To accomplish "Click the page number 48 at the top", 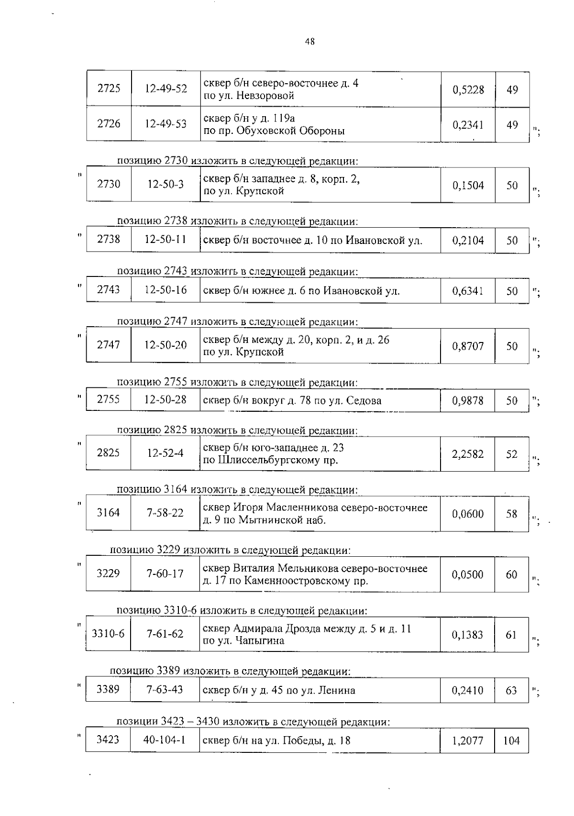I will coord(309,42).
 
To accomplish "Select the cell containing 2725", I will coord(109,88).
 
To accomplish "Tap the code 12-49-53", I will coord(166,124).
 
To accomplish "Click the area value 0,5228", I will coord(468,89).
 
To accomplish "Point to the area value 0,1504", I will coord(468,185).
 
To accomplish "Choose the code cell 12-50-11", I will coord(166,239).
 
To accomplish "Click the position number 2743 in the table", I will coord(109,289).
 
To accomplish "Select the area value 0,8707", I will coord(468,346).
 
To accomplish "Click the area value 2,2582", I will coord(468,454).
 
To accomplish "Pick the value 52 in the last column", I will coord(512,454).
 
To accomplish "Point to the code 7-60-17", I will coord(165,573).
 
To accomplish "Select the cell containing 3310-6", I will coord(108,634).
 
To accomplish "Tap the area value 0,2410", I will coord(468,690).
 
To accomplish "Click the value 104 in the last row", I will coord(511,741).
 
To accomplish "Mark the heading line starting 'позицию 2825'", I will coord(237,430).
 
